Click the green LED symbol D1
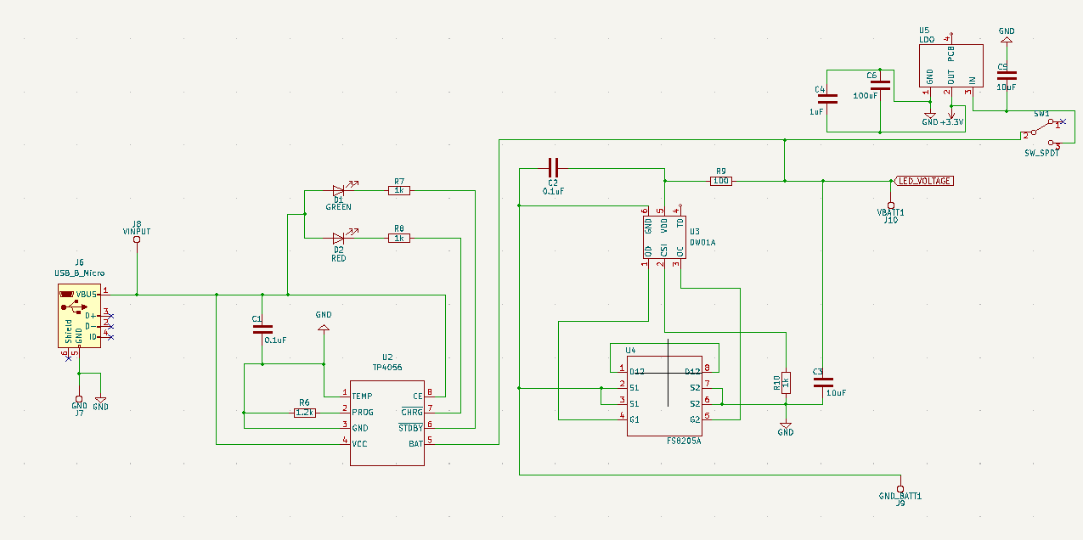tap(339, 190)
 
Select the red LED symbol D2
tap(339, 239)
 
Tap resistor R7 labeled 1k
tap(399, 190)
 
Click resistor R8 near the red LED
tap(399, 239)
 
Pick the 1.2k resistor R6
tap(305, 413)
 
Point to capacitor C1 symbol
tap(262, 329)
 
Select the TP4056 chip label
tap(386, 368)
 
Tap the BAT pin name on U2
tap(415, 444)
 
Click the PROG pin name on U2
tap(363, 413)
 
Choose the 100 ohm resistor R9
tap(721, 181)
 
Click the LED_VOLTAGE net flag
tap(924, 181)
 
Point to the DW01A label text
tap(702, 242)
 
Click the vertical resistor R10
tap(786, 383)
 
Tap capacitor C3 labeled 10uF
tap(821, 383)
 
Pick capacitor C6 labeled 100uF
tap(881, 85)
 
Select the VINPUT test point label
tap(136, 231)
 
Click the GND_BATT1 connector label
tap(900, 495)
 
